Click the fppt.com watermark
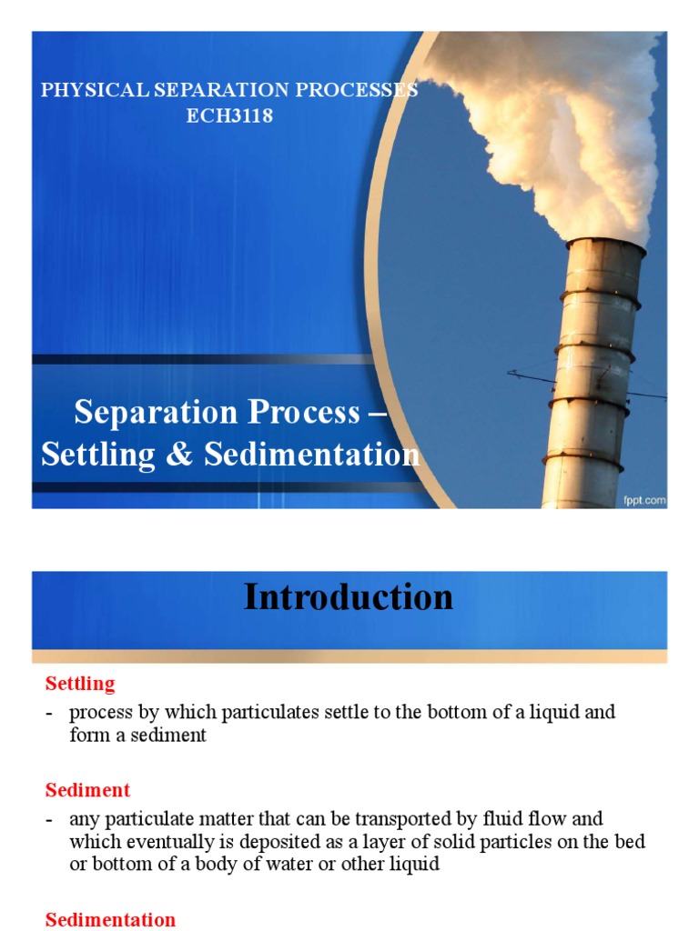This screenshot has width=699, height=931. click(x=645, y=499)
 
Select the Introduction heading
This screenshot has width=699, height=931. click(x=349, y=597)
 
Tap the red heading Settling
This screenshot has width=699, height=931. click(x=80, y=682)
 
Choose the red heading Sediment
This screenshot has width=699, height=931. click(x=87, y=789)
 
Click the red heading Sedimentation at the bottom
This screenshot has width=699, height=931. click(x=110, y=919)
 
